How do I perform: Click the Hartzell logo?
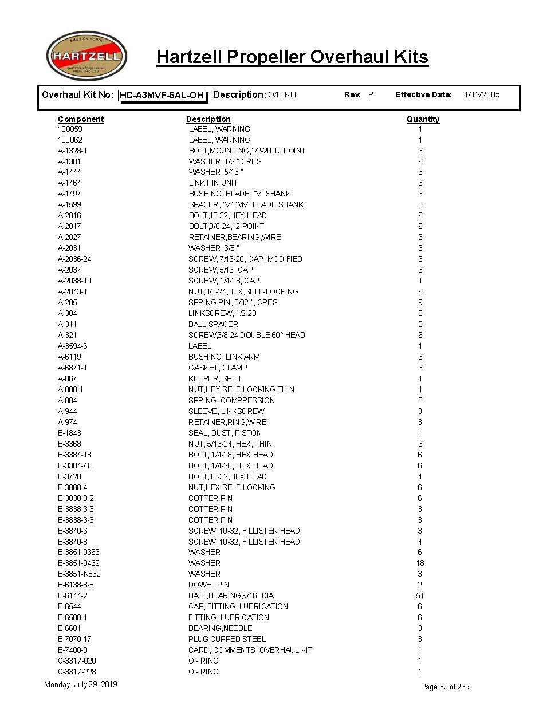click(86, 56)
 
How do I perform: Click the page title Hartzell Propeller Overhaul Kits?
click(292, 57)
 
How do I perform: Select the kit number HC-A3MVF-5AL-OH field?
click(163, 96)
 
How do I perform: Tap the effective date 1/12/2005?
click(482, 94)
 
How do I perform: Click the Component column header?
click(81, 119)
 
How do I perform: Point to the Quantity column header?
click(423, 119)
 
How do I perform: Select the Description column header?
click(208, 119)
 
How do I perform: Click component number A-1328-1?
click(72, 151)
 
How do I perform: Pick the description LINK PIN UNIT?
click(213, 183)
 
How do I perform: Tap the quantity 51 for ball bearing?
click(420, 595)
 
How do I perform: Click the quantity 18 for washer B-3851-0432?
click(420, 563)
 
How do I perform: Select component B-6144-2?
click(73, 595)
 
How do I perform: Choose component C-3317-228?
click(77, 672)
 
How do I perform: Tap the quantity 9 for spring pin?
click(420, 302)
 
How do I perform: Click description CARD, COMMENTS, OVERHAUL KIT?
click(250, 650)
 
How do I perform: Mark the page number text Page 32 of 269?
click(445, 687)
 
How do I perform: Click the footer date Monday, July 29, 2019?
click(80, 684)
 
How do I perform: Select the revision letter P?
click(371, 94)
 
